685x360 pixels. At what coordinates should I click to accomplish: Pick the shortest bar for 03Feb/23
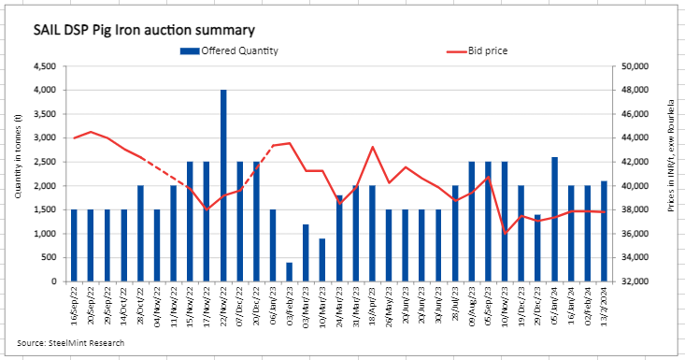289,271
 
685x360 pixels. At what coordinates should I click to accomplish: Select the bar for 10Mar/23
322,260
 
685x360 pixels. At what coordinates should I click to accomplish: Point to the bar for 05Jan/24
555,219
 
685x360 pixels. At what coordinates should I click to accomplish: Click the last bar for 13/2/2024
605,231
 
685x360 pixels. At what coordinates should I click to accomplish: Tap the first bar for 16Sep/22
75,245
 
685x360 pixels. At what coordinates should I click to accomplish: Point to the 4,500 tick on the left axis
45,66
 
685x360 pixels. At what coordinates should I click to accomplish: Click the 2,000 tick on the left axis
45,186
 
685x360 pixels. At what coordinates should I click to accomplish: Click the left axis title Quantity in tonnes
18,173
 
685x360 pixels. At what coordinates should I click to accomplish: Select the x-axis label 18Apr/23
371,303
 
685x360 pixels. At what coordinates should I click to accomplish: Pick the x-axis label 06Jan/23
272,303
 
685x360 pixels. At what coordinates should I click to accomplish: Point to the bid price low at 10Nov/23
506,233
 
